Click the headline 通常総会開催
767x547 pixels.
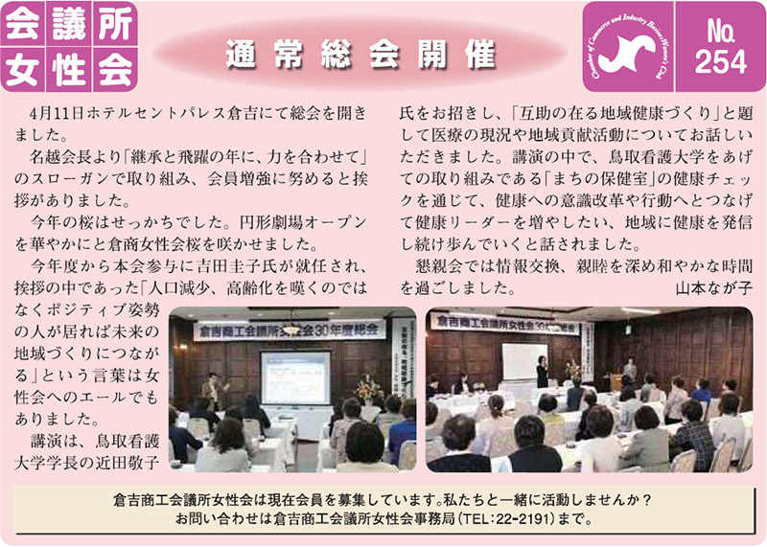pyautogui.click(x=361, y=54)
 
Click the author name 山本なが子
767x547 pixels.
pyautogui.click(x=713, y=288)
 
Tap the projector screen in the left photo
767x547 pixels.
pyautogui.click(x=295, y=377)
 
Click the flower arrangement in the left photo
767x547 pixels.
pyautogui.click(x=369, y=390)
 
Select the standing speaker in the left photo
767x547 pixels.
pyautogui.click(x=213, y=392)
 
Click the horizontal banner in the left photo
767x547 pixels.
pyautogui.click(x=289, y=330)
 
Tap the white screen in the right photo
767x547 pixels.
pyautogui.click(x=523, y=361)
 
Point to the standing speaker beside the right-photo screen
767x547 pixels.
pyautogui.click(x=542, y=371)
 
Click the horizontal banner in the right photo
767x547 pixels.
pyautogui.click(x=505, y=325)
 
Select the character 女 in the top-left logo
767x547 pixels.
pyautogui.click(x=22, y=69)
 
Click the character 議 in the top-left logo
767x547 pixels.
pyautogui.click(x=68, y=24)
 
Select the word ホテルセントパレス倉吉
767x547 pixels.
pyautogui.click(x=162, y=113)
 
